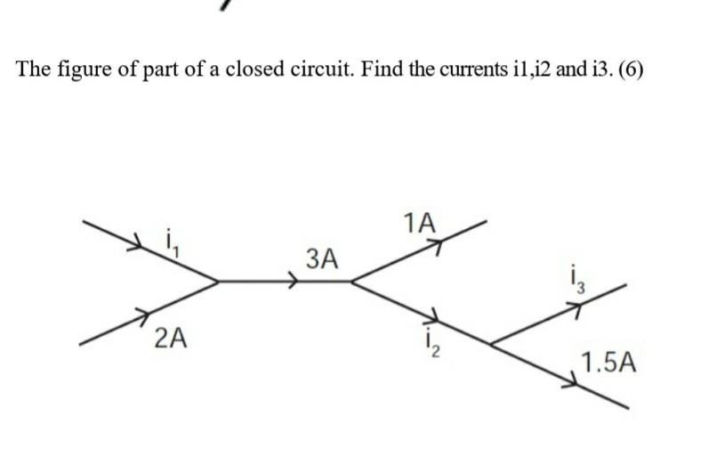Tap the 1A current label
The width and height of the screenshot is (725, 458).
click(x=419, y=224)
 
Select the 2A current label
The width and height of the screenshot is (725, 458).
click(x=170, y=338)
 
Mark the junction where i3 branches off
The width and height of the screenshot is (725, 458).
click(x=492, y=342)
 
